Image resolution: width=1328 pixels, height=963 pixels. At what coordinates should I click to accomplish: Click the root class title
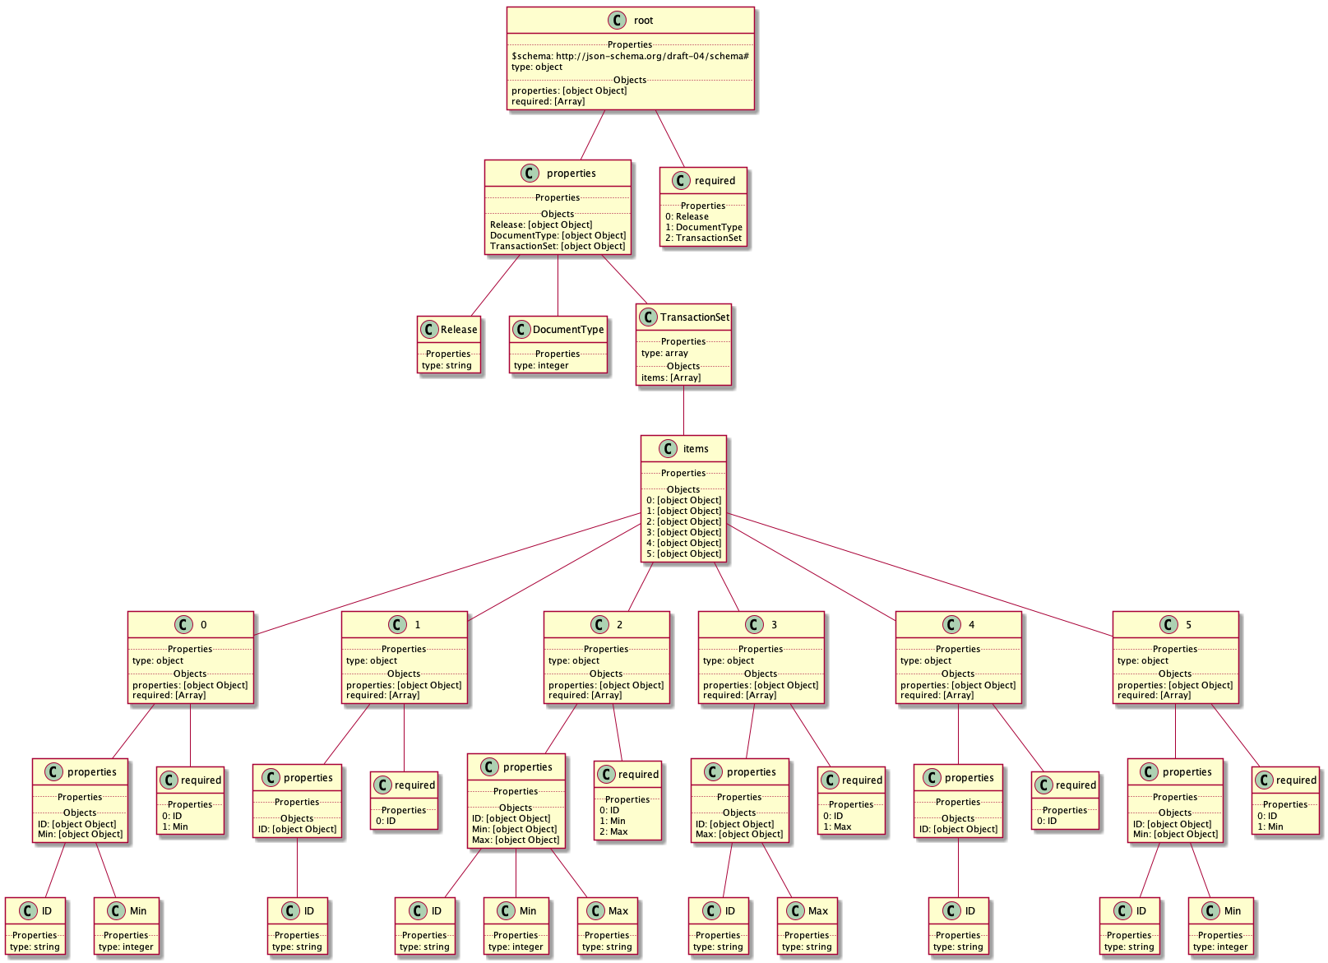point(643,21)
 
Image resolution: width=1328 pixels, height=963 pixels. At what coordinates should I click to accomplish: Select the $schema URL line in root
point(630,56)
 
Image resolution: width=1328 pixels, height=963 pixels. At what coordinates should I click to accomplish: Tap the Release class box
point(448,345)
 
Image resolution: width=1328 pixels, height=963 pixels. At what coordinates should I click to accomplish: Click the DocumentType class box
point(558,345)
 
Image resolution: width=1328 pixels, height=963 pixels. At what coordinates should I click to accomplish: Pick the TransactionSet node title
point(694,317)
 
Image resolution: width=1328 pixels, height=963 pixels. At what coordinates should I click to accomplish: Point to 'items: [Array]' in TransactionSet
point(671,377)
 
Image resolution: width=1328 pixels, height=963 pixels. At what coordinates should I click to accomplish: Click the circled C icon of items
point(669,449)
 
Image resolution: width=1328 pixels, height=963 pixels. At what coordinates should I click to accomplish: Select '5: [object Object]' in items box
point(683,553)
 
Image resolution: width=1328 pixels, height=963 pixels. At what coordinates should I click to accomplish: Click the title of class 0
point(204,625)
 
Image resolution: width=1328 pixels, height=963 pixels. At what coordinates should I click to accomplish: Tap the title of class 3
point(774,625)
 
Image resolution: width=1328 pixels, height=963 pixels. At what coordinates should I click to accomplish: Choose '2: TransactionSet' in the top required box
point(703,238)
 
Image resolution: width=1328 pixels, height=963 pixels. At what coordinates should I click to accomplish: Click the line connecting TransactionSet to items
point(683,410)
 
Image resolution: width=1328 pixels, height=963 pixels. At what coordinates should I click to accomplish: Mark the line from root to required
point(669,138)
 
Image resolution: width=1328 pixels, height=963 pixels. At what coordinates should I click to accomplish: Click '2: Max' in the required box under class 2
point(613,831)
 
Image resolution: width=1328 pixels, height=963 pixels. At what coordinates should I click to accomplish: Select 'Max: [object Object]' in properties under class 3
point(739,834)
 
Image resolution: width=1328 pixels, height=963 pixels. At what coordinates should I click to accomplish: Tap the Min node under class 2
point(516,926)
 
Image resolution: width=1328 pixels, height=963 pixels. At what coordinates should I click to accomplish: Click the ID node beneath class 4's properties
point(958,926)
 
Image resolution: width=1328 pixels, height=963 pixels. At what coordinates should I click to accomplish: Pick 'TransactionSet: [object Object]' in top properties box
point(558,246)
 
